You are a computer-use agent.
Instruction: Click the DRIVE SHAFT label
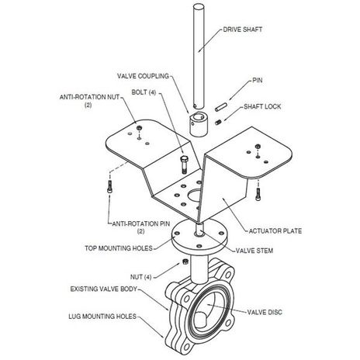242,29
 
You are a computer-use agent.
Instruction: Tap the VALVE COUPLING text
143,76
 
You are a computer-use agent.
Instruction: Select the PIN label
258,81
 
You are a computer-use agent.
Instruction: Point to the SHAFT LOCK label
262,106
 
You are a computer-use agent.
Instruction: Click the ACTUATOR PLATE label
275,231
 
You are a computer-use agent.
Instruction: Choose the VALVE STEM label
254,251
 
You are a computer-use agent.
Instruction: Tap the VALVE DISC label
265,312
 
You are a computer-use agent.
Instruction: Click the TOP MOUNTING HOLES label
119,248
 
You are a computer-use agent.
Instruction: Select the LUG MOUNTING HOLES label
102,317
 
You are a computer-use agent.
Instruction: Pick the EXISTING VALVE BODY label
104,289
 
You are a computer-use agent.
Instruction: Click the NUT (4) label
140,277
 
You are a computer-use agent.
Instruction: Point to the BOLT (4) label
144,92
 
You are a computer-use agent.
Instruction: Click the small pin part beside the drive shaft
221,107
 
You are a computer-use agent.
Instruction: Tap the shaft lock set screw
219,122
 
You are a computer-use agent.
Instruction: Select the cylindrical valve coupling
199,124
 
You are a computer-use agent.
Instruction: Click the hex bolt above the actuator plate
184,164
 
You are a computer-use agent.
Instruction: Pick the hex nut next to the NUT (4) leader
185,261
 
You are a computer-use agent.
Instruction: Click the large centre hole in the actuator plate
195,196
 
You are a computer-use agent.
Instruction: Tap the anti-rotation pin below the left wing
109,186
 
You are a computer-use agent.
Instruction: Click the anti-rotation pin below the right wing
258,193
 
